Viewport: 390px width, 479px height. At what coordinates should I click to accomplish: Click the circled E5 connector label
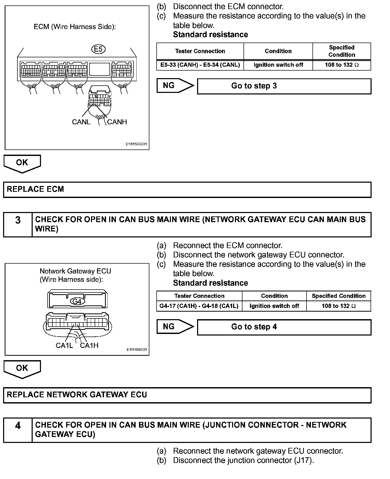(98, 49)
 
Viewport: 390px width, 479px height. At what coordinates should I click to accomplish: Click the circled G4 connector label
(77, 301)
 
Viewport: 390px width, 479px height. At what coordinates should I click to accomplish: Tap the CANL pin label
(81, 122)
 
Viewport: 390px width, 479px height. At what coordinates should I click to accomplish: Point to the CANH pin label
(117, 122)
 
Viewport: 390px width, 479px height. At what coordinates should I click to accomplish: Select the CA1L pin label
(64, 345)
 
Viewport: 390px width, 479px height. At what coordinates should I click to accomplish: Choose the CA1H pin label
(89, 345)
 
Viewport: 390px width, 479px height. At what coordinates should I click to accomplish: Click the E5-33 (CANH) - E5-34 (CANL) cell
(200, 65)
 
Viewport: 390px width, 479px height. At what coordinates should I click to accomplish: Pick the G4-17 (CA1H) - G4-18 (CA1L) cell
(199, 306)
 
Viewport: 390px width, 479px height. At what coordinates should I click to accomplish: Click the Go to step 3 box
(284, 86)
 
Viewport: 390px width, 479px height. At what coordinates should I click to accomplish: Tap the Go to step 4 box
(284, 327)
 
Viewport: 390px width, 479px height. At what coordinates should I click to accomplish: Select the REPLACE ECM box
(187, 189)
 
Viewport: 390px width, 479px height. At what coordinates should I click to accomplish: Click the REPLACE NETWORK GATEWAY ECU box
(187, 395)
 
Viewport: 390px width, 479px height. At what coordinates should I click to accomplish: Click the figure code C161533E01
(136, 144)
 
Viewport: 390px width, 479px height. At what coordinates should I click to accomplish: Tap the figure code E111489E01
(137, 350)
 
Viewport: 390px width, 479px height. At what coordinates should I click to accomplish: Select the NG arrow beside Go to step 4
(175, 326)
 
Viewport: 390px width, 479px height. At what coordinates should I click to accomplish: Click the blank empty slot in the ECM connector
(100, 69)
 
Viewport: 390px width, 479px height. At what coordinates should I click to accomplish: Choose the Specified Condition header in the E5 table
(342, 51)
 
